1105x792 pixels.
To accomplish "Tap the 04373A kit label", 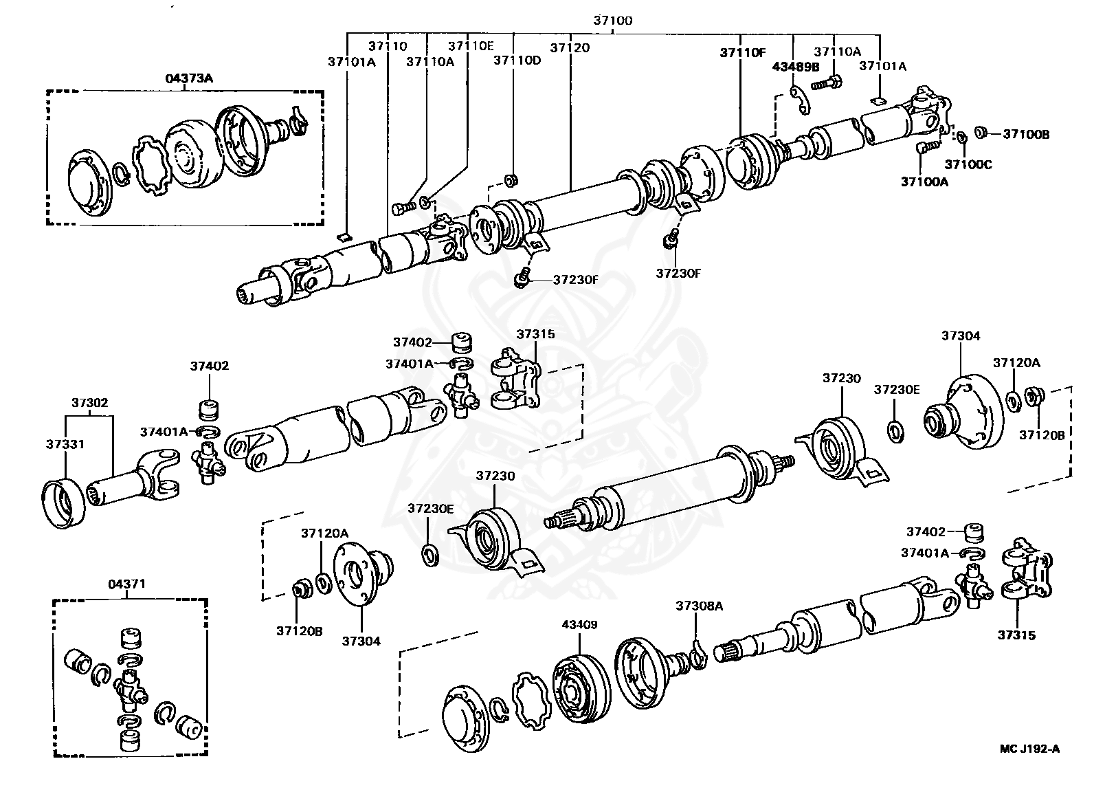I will click(x=189, y=79).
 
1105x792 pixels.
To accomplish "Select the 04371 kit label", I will click(x=126, y=584).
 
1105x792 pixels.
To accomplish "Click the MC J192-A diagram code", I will click(x=1029, y=749).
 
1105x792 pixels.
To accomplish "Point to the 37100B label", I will click(x=1026, y=134).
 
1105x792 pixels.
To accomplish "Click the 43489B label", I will click(x=796, y=67).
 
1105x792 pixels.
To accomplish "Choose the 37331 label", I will click(x=66, y=444).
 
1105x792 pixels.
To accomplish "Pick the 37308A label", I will click(x=699, y=606).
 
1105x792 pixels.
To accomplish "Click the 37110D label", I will click(x=517, y=60).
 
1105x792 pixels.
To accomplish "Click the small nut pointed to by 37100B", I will click(x=982, y=132).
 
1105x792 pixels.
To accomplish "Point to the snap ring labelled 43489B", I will click(x=799, y=98).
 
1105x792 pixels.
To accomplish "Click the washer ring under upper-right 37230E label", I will click(x=896, y=433).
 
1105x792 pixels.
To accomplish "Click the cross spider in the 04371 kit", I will click(x=130, y=687).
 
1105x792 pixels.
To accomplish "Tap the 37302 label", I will click(x=91, y=402).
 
